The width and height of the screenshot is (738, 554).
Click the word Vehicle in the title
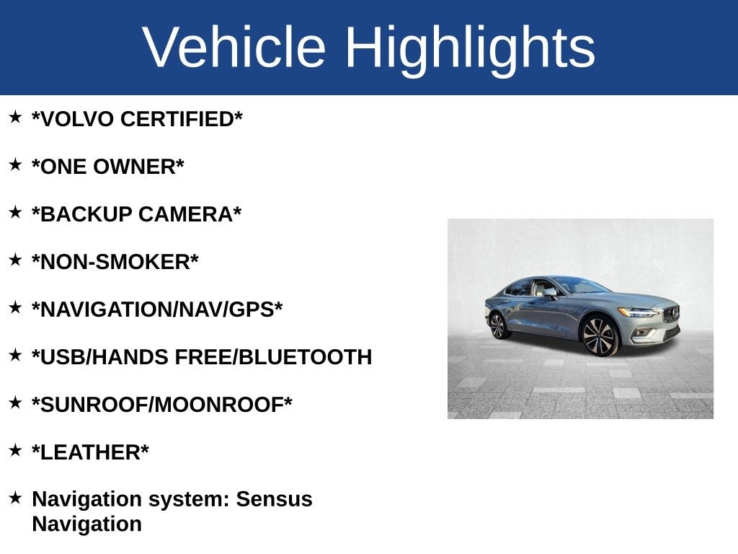(x=234, y=48)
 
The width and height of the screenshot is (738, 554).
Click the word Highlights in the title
(x=470, y=48)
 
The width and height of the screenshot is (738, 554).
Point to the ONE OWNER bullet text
(x=107, y=167)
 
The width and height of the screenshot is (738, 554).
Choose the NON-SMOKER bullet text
(x=115, y=262)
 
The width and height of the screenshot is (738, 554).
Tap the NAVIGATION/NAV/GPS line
(x=156, y=309)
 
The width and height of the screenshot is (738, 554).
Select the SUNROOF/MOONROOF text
(x=161, y=405)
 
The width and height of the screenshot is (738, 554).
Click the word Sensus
(x=275, y=499)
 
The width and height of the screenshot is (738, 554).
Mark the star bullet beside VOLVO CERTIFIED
(x=15, y=117)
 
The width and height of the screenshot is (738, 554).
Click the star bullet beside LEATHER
(x=15, y=450)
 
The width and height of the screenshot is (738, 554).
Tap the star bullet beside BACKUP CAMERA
(x=15, y=212)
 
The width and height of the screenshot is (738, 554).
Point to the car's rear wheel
(x=498, y=325)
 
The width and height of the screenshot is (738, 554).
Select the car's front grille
(x=671, y=315)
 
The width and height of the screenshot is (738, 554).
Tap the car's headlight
(x=637, y=312)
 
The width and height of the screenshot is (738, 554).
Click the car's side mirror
(x=550, y=293)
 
